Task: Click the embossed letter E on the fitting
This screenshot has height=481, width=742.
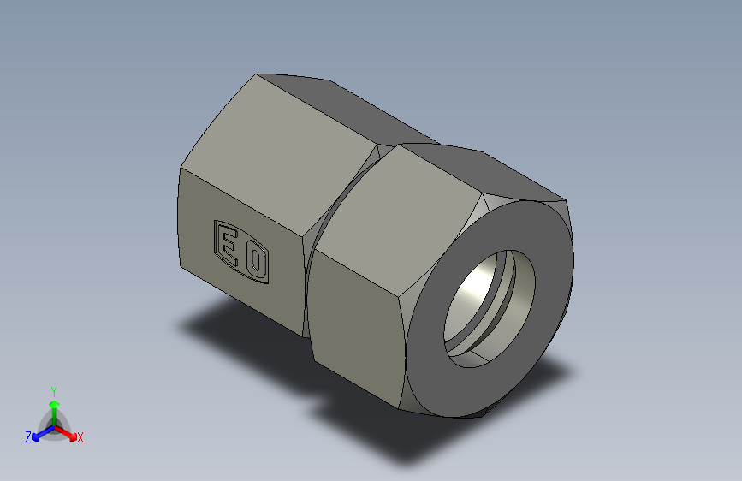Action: pos(229,242)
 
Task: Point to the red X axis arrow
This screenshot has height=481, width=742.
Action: pos(70,432)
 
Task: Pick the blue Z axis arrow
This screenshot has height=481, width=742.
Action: pos(39,433)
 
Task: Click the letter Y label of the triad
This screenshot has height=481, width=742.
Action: pos(54,389)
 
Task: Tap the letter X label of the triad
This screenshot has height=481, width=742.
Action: pos(80,438)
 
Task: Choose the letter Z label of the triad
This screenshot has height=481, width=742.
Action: pos(28,437)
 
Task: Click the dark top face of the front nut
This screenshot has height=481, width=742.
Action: pos(496,171)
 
